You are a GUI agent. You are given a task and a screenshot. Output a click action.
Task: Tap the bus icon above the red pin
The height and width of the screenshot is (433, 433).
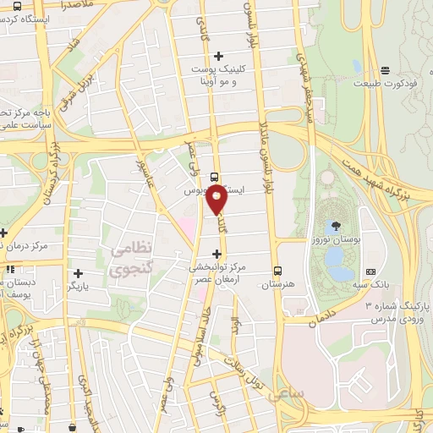click(x=213, y=178)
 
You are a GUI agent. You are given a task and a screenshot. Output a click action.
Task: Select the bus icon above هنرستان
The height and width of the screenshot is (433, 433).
click(x=278, y=271)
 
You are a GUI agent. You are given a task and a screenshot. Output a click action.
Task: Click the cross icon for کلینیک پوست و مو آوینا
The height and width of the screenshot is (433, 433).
click(x=218, y=55)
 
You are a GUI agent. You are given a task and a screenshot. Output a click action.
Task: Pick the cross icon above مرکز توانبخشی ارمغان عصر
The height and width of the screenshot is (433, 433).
click(x=217, y=254)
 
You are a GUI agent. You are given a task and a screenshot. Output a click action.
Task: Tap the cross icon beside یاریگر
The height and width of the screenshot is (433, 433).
click(x=78, y=273)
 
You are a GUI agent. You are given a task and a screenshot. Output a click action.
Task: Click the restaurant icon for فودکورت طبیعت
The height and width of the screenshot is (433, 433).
click(x=386, y=70)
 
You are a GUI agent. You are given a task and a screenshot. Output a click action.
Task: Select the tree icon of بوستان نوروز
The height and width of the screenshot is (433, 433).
click(x=336, y=226)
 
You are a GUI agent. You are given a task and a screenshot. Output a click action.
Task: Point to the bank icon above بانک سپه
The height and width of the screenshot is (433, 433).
click(x=370, y=272)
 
